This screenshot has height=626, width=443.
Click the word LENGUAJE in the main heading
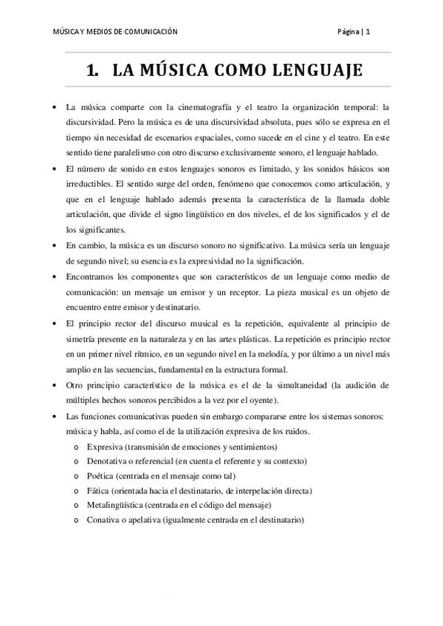(318, 71)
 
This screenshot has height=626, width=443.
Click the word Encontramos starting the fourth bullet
(89, 277)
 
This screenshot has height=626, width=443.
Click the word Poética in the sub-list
(101, 476)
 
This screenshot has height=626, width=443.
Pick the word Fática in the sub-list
(99, 491)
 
